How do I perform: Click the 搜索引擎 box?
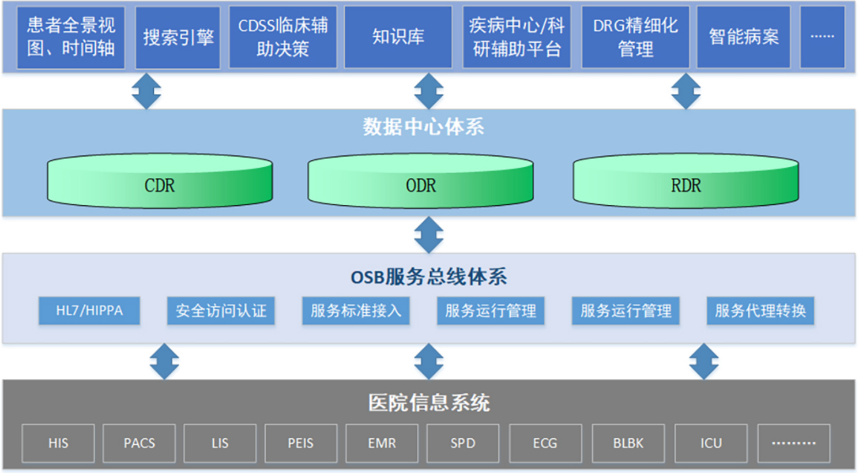[x=178, y=37]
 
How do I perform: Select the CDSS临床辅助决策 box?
[x=283, y=37]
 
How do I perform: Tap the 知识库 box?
[x=398, y=37]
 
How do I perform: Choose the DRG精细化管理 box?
[x=635, y=37]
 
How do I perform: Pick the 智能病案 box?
[x=744, y=37]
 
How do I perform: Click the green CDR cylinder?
[x=160, y=181]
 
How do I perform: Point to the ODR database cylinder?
[x=421, y=181]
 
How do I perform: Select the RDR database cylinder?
[x=686, y=181]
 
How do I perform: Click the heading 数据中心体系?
[x=423, y=127]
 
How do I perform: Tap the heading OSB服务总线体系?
[x=429, y=277]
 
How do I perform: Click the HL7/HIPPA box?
[x=89, y=311]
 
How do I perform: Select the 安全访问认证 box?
[x=221, y=311]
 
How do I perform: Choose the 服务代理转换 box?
[x=760, y=311]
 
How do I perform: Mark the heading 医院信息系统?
[x=429, y=403]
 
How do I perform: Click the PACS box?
[x=139, y=443]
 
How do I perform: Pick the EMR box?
[x=382, y=443]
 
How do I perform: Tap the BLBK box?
[x=628, y=443]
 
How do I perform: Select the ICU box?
[x=711, y=443]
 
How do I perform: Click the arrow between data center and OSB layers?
[x=429, y=235]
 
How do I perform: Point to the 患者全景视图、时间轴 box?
[x=71, y=37]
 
